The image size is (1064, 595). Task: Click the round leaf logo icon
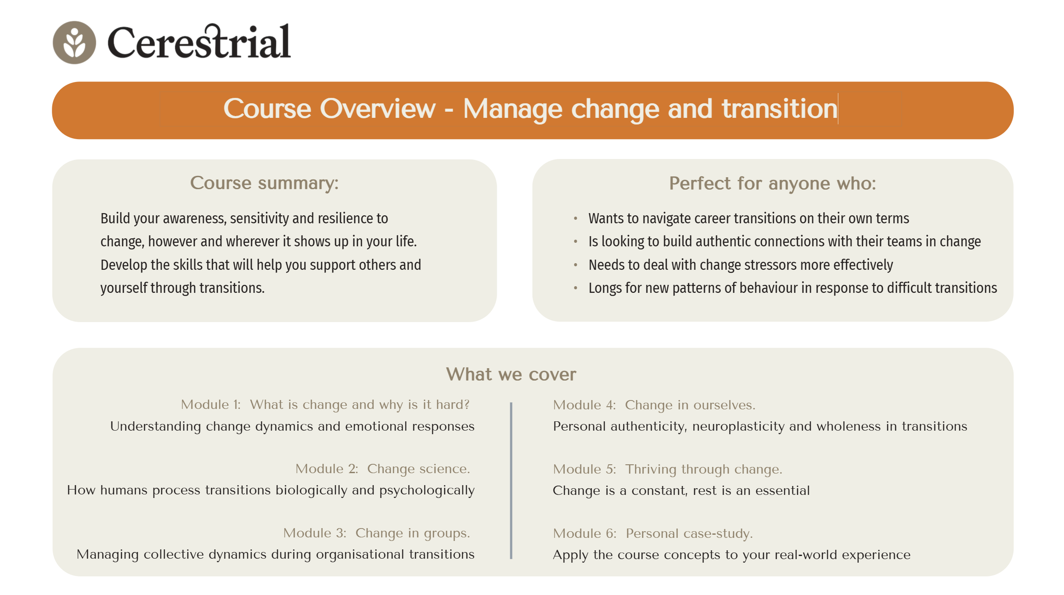pos(74,43)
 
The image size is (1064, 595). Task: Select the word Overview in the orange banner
pos(378,109)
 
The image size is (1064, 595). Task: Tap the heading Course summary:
pos(264,183)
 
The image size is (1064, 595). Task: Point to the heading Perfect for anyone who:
pos(772,183)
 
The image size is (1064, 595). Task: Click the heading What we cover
pos(511,374)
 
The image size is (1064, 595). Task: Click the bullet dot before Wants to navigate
pos(575,218)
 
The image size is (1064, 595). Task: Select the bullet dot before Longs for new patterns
pos(575,288)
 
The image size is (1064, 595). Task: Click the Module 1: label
pos(211,404)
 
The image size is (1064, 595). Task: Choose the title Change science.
pos(419,469)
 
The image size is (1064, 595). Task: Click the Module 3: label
pos(315,533)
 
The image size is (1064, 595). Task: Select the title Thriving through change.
pos(704,469)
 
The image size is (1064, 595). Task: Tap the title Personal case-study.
pos(689,533)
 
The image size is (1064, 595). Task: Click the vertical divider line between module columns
pos(511,481)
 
